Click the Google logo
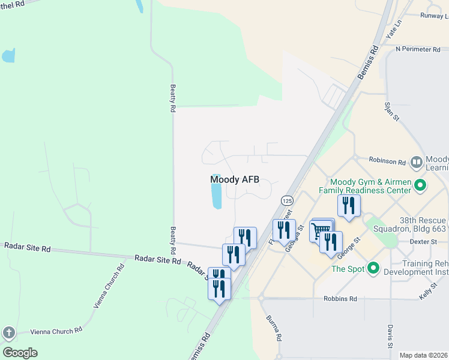coord(20,353)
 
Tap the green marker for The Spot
coord(373,268)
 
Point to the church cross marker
coord(8,332)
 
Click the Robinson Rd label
coord(387,161)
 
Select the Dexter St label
coord(424,242)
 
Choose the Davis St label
coord(390,337)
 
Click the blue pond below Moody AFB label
coord(216,196)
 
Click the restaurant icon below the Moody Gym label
coord(349,206)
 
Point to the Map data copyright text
coord(423,355)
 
